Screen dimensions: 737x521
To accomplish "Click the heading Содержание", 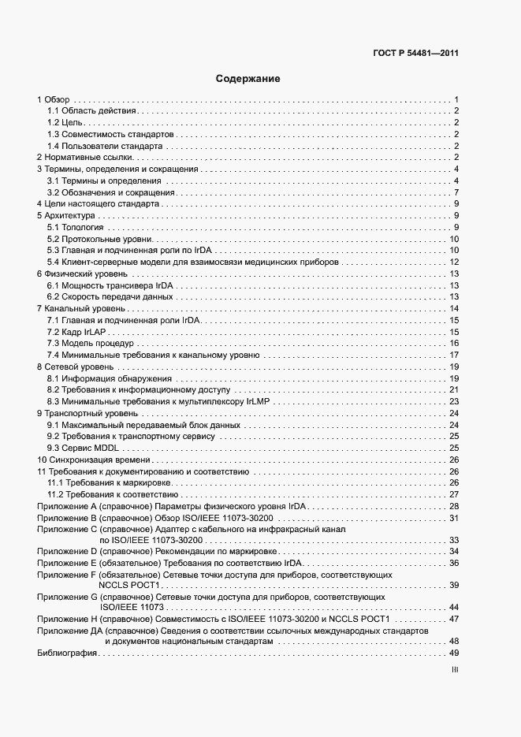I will [247, 79].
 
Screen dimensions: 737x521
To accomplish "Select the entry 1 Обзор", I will [54, 99].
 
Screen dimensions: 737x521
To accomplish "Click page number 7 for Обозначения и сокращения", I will [456, 192].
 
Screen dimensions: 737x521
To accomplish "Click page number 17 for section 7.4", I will [454, 355].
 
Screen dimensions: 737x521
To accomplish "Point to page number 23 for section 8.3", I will [454, 401].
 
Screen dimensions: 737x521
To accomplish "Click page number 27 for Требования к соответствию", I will [454, 493].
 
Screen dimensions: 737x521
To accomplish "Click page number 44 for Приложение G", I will [454, 608].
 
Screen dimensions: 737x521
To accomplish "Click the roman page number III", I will [455, 669].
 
